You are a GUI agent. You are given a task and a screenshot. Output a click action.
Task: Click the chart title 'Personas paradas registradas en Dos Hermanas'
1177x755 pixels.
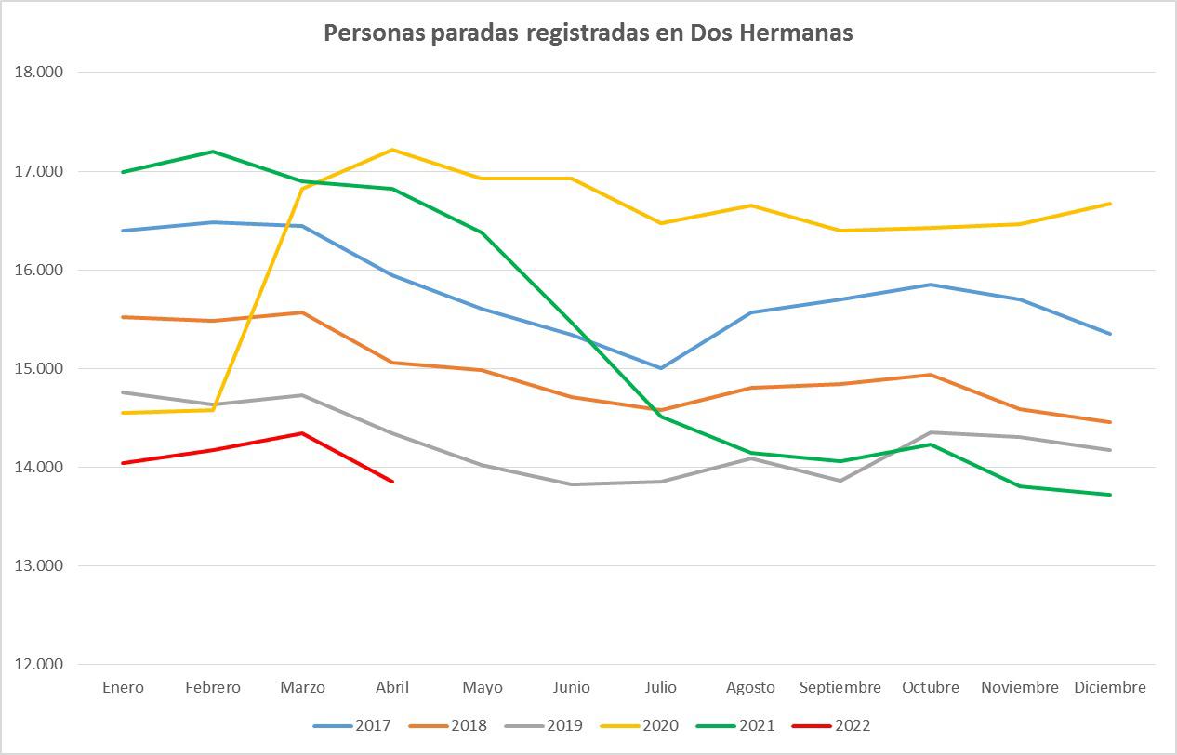tap(588, 33)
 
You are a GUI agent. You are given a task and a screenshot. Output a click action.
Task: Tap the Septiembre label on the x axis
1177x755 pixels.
tap(840, 688)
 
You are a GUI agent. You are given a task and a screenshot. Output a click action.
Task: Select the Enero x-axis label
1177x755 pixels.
tap(123, 688)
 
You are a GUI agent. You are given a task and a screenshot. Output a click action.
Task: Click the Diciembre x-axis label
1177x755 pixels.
tap(1110, 688)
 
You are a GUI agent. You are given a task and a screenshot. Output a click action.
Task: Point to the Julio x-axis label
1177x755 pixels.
tap(661, 688)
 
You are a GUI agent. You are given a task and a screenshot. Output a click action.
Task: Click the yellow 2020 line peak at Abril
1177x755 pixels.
tap(392, 150)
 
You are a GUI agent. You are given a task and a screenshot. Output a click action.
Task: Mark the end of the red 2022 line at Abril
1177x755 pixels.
tap(392, 482)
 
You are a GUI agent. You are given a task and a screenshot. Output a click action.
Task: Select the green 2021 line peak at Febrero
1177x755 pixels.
tap(213, 152)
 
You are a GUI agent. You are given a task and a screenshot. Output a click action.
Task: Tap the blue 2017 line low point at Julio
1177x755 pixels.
tap(661, 368)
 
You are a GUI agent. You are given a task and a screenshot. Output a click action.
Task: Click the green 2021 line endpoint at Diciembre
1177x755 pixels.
tap(1110, 495)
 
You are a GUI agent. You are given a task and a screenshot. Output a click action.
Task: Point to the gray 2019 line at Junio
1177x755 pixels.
tap(571, 484)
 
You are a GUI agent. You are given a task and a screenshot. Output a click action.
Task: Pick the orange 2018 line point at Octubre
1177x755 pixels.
tap(931, 375)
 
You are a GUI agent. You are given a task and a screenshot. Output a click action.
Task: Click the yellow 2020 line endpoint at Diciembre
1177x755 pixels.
tap(1110, 204)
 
